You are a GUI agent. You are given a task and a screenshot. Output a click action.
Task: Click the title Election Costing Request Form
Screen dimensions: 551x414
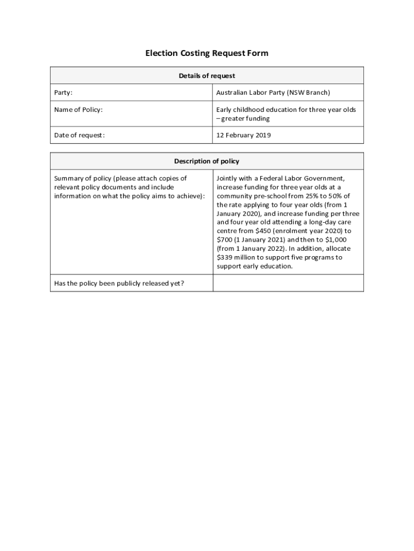coord(206,53)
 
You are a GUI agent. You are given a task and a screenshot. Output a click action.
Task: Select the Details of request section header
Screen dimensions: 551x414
coord(206,76)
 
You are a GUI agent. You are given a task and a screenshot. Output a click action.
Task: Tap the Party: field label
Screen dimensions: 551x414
coord(63,93)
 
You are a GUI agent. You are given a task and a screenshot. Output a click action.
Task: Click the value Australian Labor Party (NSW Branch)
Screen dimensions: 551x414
coord(273,93)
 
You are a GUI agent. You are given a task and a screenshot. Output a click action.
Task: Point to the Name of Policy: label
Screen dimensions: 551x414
coord(78,110)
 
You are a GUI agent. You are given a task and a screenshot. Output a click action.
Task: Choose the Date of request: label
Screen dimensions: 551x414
coord(80,135)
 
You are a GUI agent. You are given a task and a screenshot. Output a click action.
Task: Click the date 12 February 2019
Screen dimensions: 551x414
coord(244,135)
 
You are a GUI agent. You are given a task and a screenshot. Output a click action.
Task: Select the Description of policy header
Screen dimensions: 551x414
coord(206,161)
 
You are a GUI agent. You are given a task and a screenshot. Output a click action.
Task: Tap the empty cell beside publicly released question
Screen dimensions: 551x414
coord(288,283)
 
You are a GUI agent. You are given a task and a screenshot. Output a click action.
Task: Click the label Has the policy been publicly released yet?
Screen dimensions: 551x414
coord(119,283)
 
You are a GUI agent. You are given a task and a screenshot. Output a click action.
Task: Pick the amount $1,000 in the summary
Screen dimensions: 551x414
coord(336,239)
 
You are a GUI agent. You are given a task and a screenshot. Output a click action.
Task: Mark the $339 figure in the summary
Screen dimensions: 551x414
coord(225,257)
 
